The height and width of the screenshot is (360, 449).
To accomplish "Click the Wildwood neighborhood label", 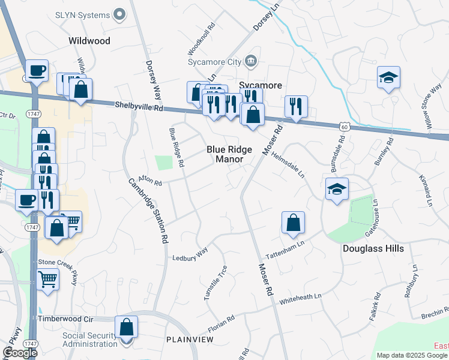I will [89, 41].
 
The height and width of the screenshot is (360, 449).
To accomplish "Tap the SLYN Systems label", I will [91, 14].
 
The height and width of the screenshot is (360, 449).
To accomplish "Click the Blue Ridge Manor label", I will [229, 154].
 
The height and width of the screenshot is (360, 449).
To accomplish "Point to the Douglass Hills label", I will [373, 248].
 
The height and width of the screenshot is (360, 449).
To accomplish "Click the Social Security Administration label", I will [90, 340].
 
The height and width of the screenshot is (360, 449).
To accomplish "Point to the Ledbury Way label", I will [190, 254].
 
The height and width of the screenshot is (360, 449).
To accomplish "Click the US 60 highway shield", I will [343, 127].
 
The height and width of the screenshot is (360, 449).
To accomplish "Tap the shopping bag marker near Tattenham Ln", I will [293, 223].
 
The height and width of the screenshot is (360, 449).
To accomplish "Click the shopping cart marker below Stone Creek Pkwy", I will [48, 278].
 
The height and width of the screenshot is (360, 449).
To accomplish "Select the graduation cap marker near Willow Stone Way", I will [389, 77].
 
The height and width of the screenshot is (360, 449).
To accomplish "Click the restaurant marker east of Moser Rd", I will [296, 106].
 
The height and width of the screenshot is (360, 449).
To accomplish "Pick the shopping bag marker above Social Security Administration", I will [126, 328].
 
